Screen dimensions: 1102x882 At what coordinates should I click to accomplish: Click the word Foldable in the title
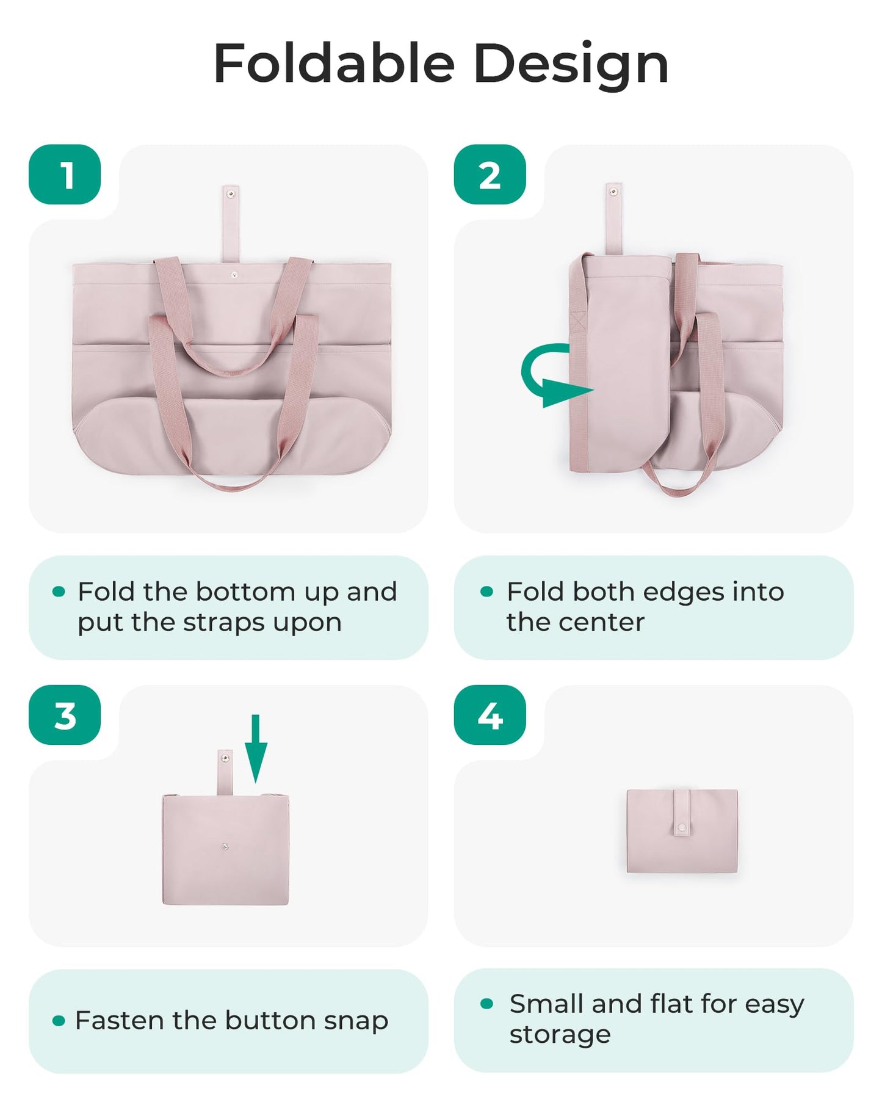(334, 64)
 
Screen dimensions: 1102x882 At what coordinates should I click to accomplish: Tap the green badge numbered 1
(65, 175)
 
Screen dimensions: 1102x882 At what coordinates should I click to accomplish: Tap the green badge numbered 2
(490, 175)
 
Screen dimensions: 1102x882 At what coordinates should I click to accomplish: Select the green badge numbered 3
(65, 715)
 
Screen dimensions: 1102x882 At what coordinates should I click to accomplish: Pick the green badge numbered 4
(490, 715)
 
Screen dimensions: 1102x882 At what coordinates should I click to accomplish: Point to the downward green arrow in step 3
(256, 748)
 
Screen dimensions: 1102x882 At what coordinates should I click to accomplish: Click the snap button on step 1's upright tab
(231, 194)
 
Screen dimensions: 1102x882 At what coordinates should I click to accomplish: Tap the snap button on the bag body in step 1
(234, 275)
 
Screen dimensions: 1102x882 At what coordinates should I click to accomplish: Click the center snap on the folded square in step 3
(225, 847)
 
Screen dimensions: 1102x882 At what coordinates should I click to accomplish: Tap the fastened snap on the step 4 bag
(682, 828)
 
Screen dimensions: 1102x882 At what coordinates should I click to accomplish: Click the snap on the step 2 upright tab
(613, 192)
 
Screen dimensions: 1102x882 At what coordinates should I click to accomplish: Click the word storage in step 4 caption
(560, 1034)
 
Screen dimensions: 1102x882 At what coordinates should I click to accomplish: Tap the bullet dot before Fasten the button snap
(59, 1020)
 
